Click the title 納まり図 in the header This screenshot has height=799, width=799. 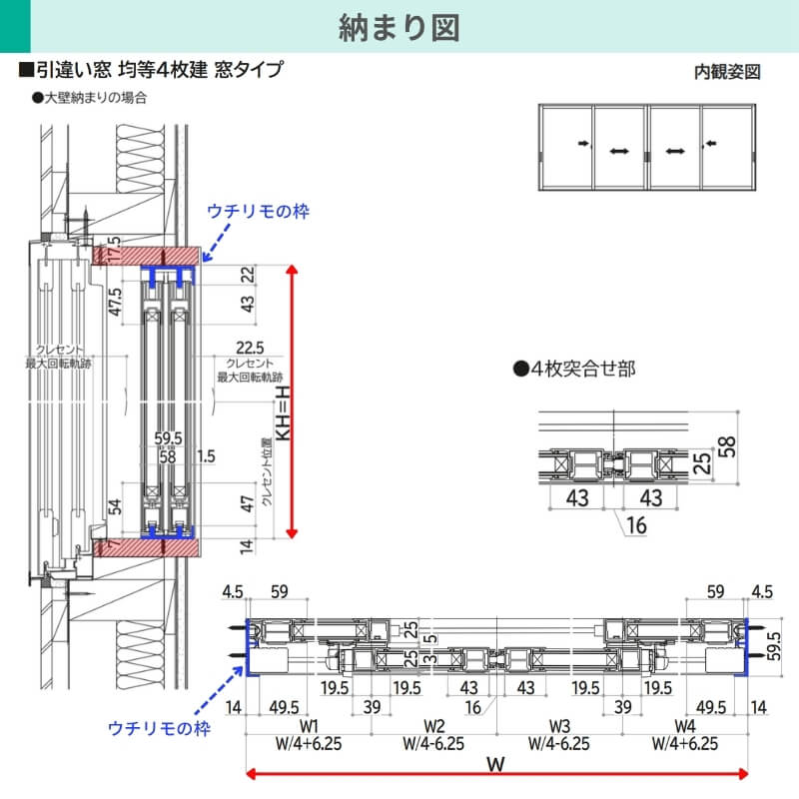[399, 27]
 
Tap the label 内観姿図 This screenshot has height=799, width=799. [727, 72]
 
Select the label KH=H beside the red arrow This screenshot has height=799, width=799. [282, 399]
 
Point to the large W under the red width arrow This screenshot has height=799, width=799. [494, 766]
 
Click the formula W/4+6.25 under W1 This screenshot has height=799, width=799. [309, 744]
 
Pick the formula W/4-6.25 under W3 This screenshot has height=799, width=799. [559, 744]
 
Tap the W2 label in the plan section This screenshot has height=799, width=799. [433, 726]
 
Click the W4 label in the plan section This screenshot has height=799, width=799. [684, 726]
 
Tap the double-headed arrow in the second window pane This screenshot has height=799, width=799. [619, 151]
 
